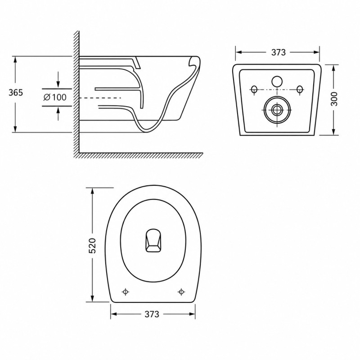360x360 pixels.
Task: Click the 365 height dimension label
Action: tap(16, 93)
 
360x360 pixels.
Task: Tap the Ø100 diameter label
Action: tap(55, 97)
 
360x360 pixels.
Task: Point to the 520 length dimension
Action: tap(92, 246)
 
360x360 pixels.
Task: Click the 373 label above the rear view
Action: tap(279, 52)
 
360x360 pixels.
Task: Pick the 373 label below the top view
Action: tap(152, 314)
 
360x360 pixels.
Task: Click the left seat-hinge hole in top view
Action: tap(125, 292)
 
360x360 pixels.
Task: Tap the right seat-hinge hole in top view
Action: tap(181, 292)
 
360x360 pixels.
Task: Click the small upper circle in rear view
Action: tap(277, 81)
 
